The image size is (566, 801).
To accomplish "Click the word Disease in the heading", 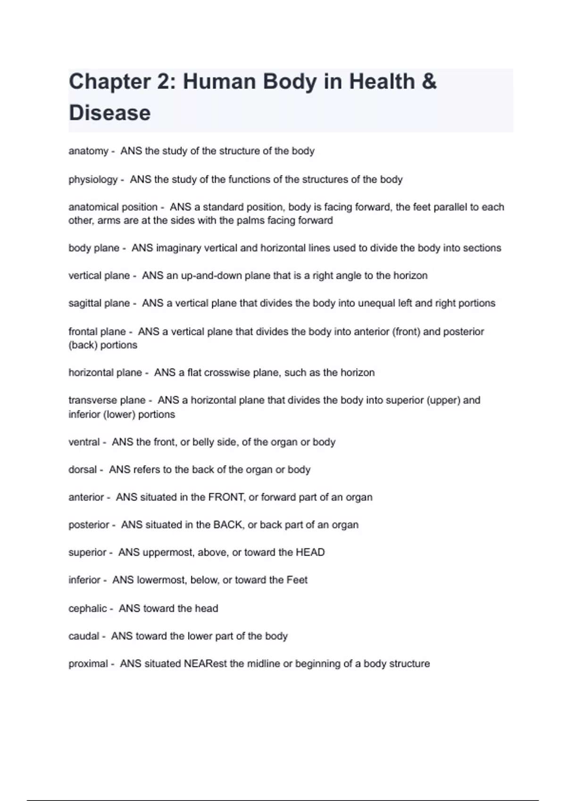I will (x=109, y=113).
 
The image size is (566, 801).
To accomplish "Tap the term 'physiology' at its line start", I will (x=93, y=180).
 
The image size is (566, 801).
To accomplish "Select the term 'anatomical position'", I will (x=113, y=207).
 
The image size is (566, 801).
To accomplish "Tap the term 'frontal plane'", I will (x=97, y=332).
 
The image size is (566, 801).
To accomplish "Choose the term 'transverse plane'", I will (x=107, y=400).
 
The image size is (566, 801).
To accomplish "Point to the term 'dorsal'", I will (x=83, y=470).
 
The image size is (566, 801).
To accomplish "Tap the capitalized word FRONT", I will (x=226, y=497).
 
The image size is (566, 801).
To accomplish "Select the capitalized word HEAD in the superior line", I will (x=310, y=552).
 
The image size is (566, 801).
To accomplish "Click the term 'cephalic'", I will (x=88, y=609).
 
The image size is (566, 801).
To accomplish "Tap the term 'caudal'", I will (x=83, y=636).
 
